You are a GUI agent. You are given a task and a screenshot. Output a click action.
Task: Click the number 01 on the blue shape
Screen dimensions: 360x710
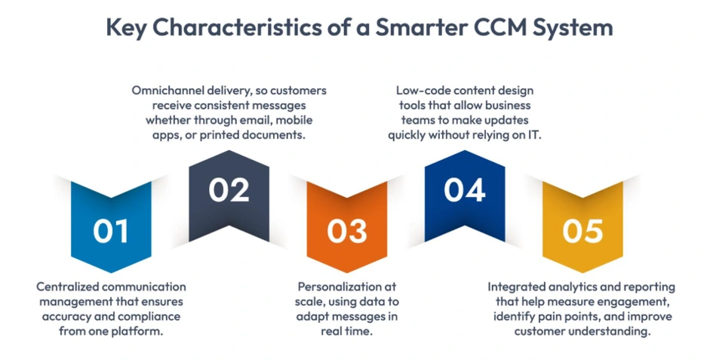(111, 231)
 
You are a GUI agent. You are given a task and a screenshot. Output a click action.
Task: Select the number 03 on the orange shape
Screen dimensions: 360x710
(347, 231)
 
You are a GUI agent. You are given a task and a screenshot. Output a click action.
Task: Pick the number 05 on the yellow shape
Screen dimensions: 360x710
(582, 231)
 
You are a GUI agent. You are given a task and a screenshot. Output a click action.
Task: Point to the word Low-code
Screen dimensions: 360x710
(416, 91)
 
